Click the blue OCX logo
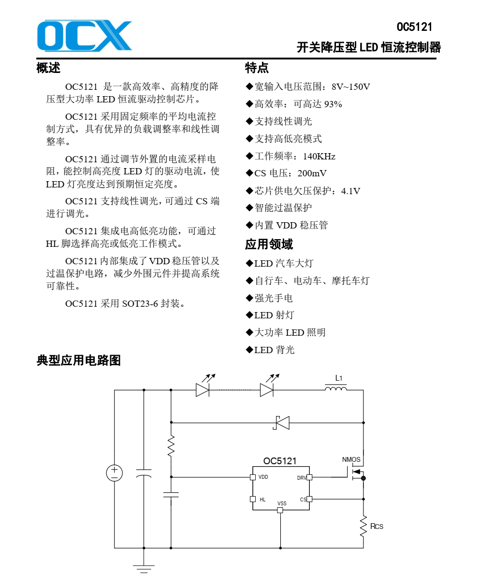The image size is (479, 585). (x=85, y=35)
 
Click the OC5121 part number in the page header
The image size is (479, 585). (x=414, y=27)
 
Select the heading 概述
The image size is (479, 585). (x=48, y=68)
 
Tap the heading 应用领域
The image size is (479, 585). (x=269, y=244)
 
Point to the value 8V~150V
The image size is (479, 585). (x=350, y=87)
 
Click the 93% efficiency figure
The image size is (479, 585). (x=333, y=104)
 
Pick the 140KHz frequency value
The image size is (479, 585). (x=319, y=157)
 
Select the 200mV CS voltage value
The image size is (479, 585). (x=312, y=173)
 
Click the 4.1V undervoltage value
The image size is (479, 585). (x=350, y=191)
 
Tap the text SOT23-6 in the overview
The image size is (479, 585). (x=140, y=304)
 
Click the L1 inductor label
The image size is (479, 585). (x=338, y=378)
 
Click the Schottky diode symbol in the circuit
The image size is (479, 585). (x=281, y=423)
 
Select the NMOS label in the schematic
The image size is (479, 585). (x=351, y=459)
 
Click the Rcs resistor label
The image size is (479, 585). (x=377, y=527)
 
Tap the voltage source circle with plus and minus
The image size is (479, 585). (x=115, y=473)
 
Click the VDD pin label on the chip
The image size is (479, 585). (x=263, y=477)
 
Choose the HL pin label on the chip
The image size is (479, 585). (x=262, y=500)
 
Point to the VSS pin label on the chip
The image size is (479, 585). (x=282, y=503)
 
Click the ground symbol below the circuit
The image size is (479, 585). (x=144, y=569)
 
